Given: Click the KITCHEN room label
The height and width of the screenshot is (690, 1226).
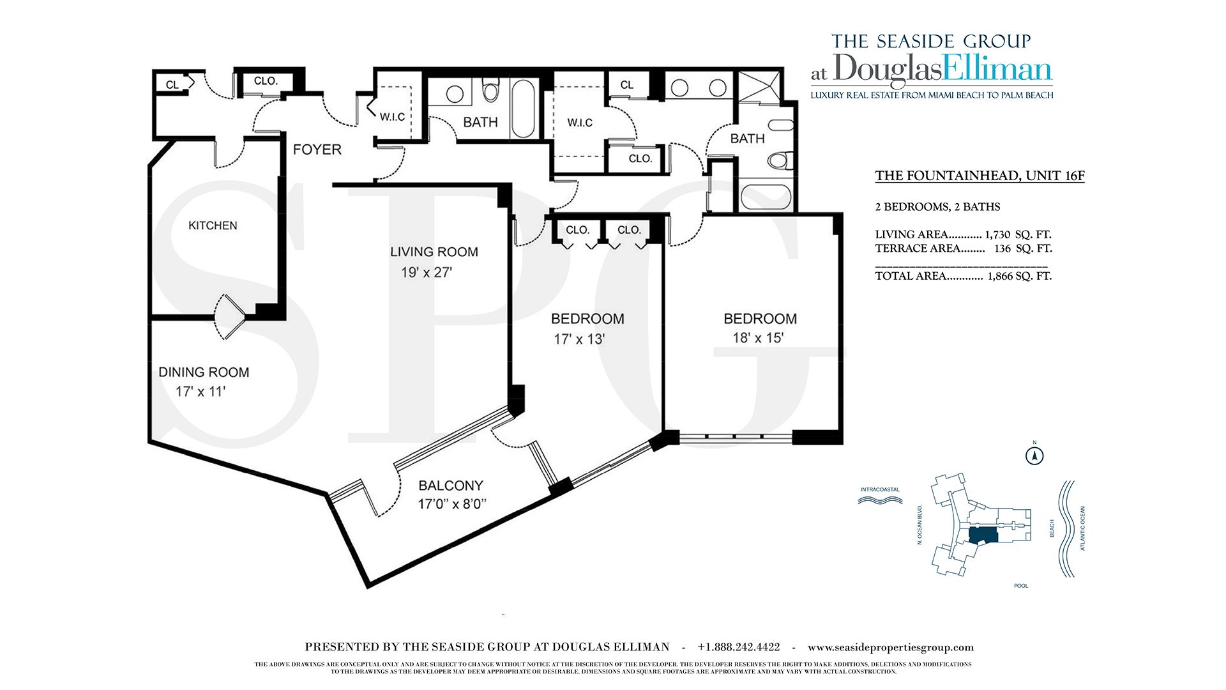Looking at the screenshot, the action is pyautogui.click(x=213, y=226).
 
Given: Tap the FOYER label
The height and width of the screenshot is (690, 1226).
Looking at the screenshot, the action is pyautogui.click(x=317, y=149).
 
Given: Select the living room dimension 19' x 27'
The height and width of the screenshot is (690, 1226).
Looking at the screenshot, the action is pyautogui.click(x=427, y=273).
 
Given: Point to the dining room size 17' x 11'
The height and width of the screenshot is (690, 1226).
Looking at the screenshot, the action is pyautogui.click(x=201, y=392).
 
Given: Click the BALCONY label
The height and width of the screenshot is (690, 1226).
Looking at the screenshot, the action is pyautogui.click(x=451, y=486).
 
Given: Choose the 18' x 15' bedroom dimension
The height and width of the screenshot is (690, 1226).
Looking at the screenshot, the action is pyautogui.click(x=758, y=338).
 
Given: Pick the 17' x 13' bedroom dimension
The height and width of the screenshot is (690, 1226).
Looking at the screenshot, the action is pyautogui.click(x=579, y=339).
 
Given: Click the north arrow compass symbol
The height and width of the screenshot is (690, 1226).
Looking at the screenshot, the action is pyautogui.click(x=1034, y=456).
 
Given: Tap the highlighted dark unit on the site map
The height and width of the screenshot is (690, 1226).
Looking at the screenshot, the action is pyautogui.click(x=983, y=535).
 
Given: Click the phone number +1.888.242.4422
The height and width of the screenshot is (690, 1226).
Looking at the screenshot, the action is pyautogui.click(x=739, y=647).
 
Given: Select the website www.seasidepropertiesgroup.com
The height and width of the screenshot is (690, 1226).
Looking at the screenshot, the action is pyautogui.click(x=891, y=648).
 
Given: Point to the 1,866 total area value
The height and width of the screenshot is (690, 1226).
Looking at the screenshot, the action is pyautogui.click(x=1000, y=277).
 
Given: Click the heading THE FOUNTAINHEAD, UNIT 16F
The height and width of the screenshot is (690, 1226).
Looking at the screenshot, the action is pyautogui.click(x=980, y=176).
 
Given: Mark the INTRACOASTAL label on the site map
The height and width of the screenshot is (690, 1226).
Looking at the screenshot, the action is pyautogui.click(x=880, y=490).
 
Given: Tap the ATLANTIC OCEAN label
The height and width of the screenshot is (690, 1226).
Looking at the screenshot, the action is pyautogui.click(x=1083, y=528).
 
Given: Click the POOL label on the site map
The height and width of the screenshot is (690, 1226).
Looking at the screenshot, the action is pyautogui.click(x=1021, y=586).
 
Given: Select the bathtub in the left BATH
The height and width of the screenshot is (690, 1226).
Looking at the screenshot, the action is pyautogui.click(x=523, y=109).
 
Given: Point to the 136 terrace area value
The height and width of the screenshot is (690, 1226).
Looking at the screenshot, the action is pyautogui.click(x=1003, y=249).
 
